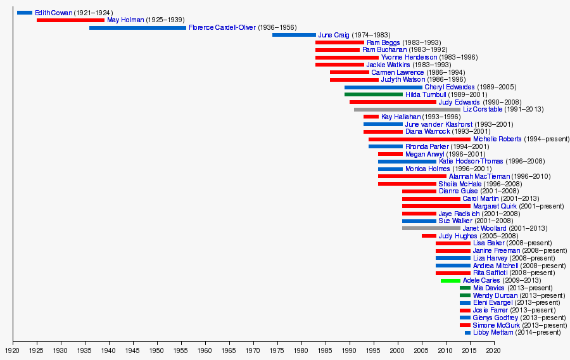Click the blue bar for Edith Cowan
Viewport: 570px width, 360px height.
pos(25,13)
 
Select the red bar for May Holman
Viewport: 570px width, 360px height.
pos(70,20)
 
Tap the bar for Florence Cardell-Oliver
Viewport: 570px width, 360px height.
pos(137,28)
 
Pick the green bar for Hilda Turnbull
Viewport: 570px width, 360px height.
pos(374,94)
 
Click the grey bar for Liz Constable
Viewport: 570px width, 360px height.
pos(407,110)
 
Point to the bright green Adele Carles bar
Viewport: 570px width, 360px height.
pos(450,280)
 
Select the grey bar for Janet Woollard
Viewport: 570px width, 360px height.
pos(431,228)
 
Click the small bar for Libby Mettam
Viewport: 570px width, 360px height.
pos(467,333)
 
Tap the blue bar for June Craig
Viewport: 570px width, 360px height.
pos(294,35)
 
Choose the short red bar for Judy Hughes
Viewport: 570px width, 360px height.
pos(429,236)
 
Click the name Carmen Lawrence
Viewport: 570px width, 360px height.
pos(397,72)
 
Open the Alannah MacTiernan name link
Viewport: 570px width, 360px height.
pos(474,176)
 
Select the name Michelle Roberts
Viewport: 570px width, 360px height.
pos(497,139)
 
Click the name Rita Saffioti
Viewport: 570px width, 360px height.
pos(490,273)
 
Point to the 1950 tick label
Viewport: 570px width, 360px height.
pos(156,350)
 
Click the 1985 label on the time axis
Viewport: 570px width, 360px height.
pos(325,350)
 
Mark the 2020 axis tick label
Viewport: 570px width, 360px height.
pos(493,350)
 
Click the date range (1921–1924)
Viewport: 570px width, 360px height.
pos(93,13)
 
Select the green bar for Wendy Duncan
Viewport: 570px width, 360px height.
pos(465,295)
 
